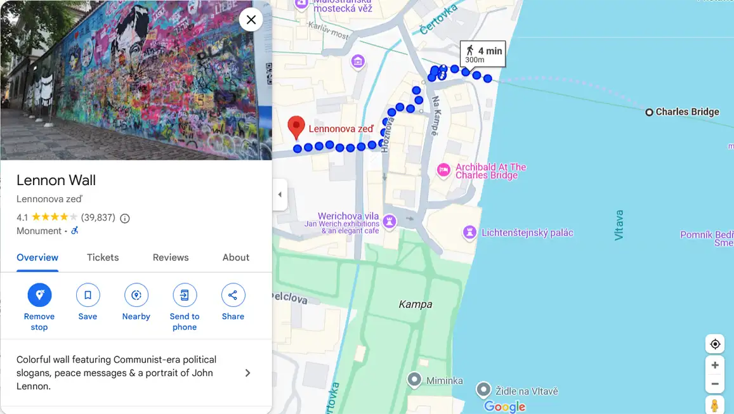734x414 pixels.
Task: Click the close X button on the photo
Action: tap(251, 20)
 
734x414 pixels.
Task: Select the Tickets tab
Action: tap(103, 257)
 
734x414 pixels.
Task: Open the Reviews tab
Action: tap(171, 257)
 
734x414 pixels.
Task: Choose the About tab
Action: tap(236, 257)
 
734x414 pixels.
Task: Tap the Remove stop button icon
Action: tap(39, 295)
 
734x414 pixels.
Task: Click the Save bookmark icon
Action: tap(88, 295)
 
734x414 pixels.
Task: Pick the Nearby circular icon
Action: tap(136, 295)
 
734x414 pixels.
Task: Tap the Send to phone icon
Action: tap(185, 295)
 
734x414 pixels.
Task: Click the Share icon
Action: tap(233, 295)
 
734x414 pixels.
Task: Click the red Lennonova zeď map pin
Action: tap(296, 127)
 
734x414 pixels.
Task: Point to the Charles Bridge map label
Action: tap(686, 112)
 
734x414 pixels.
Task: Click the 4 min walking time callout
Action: tap(483, 54)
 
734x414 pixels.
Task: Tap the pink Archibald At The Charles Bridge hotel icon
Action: tap(444, 170)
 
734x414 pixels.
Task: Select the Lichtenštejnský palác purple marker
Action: tap(469, 233)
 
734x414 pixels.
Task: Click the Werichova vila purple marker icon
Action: tap(390, 221)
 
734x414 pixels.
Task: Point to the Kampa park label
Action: tap(416, 304)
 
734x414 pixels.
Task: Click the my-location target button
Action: tap(715, 344)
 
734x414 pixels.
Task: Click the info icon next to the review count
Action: tap(125, 218)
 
